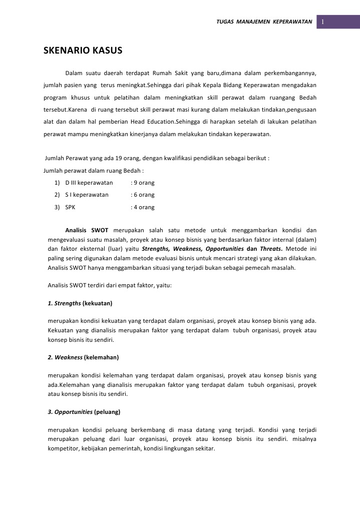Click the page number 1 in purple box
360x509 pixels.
pyautogui.click(x=323, y=22)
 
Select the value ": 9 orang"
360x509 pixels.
pyautogui.click(x=142, y=183)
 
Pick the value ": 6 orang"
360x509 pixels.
pyautogui.click(x=142, y=195)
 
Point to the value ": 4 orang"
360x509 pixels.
pyautogui.click(x=142, y=207)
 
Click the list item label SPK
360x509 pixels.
pyautogui.click(x=70, y=207)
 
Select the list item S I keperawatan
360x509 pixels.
pyautogui.click(x=87, y=195)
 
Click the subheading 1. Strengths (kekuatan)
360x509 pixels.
pyautogui.click(x=80, y=303)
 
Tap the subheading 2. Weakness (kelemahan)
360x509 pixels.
pyautogui.click(x=83, y=357)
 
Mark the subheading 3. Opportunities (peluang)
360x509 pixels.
pyautogui.click(x=84, y=412)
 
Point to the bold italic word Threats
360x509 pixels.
pyautogui.click(x=271, y=249)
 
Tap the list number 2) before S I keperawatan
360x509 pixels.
pyautogui.click(x=57, y=195)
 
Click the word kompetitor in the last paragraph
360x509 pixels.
pyautogui.click(x=63, y=448)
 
